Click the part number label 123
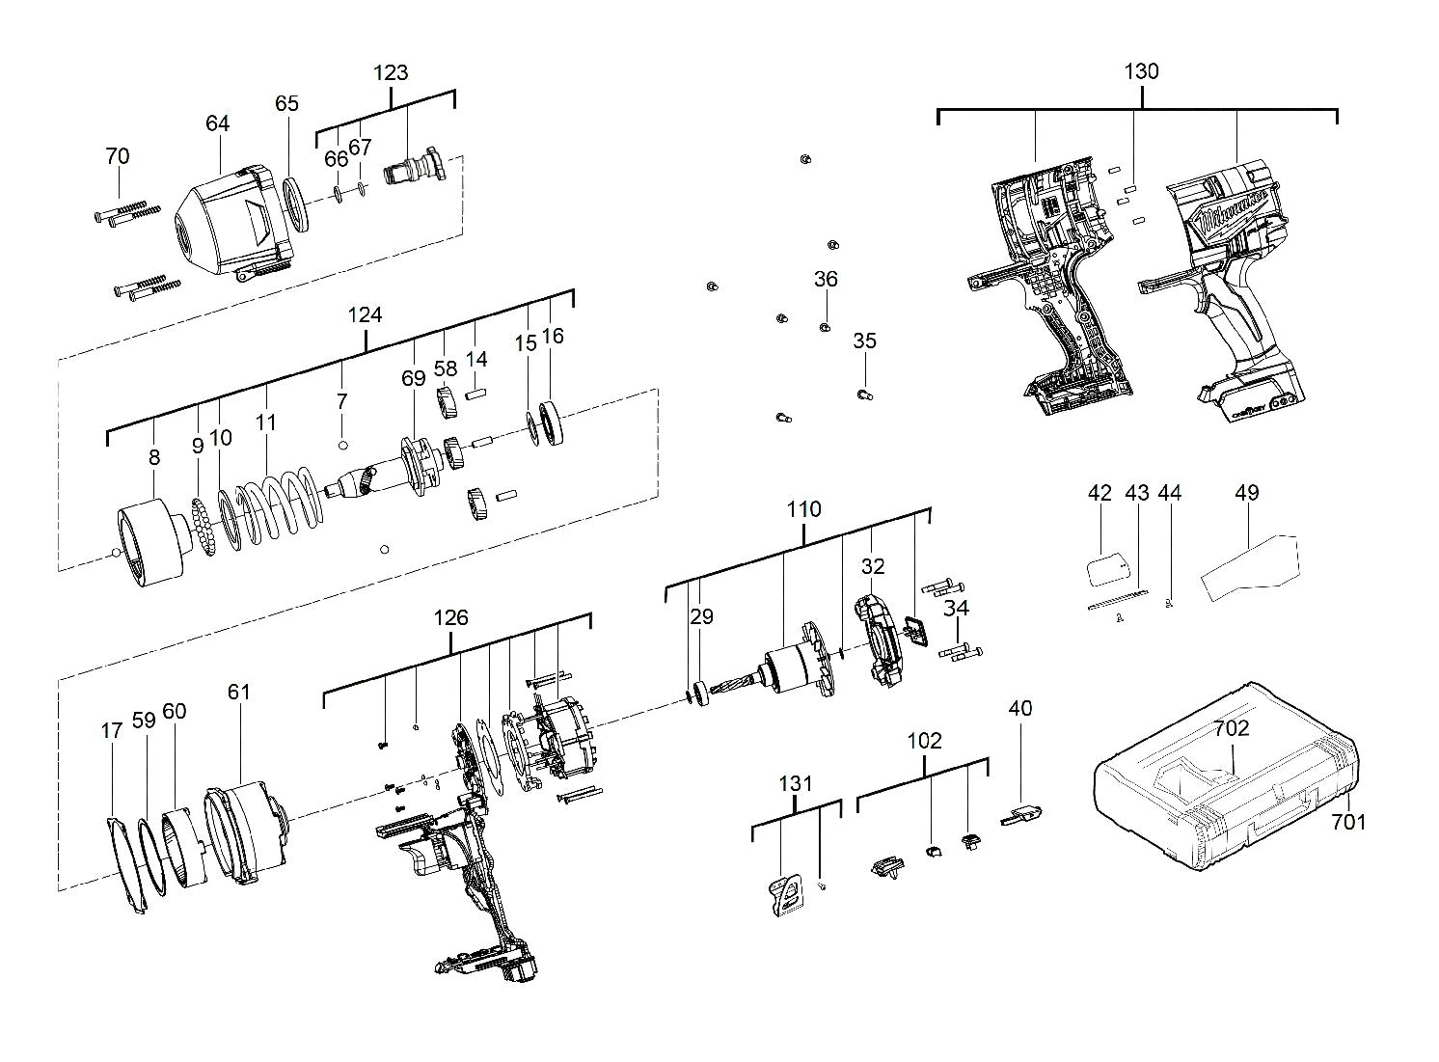pyautogui.click(x=391, y=72)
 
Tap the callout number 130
pyautogui.click(x=1141, y=71)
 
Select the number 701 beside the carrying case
pyautogui.click(x=1349, y=822)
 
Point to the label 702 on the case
pyautogui.click(x=1232, y=728)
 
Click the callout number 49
pyautogui.click(x=1246, y=493)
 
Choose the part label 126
pyautogui.click(x=450, y=617)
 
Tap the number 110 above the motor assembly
pyautogui.click(x=803, y=508)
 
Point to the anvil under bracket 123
pyautogui.click(x=416, y=170)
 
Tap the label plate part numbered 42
pyautogui.click(x=1105, y=567)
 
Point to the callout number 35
pyautogui.click(x=864, y=341)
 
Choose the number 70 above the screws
pyautogui.click(x=117, y=156)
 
